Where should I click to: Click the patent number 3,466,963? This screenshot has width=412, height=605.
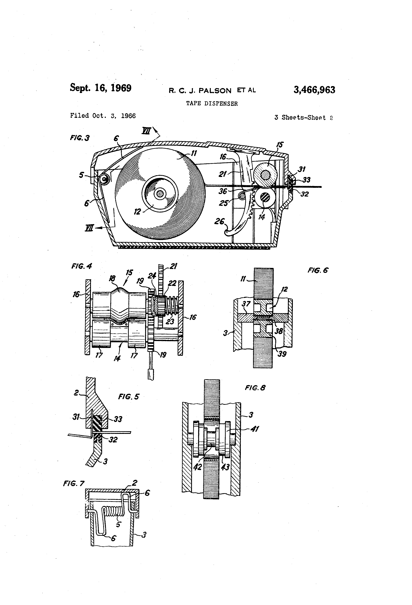click(314, 90)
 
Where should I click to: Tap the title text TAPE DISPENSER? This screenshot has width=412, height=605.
click(212, 104)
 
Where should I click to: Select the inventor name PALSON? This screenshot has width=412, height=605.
click(215, 91)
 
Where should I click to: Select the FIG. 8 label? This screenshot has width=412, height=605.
click(255, 388)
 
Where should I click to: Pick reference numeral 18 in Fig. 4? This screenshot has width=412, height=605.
click(112, 279)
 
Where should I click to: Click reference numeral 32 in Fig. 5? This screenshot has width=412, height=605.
click(113, 440)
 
